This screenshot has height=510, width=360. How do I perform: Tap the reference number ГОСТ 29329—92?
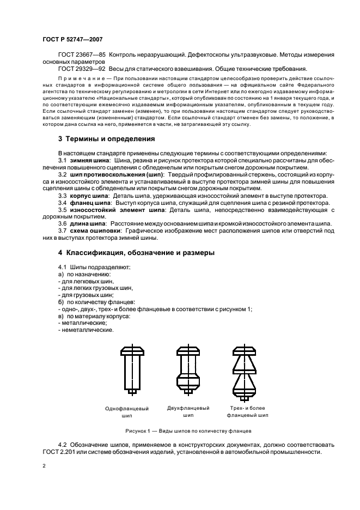click(82, 69)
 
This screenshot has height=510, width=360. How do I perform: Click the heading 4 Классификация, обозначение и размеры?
click(137, 252)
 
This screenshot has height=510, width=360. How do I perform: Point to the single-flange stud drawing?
click(131, 369)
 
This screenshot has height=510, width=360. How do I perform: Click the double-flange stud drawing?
click(188, 369)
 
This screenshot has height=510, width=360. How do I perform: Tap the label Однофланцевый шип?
click(127, 411)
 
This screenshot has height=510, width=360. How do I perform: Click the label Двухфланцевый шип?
click(188, 411)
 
